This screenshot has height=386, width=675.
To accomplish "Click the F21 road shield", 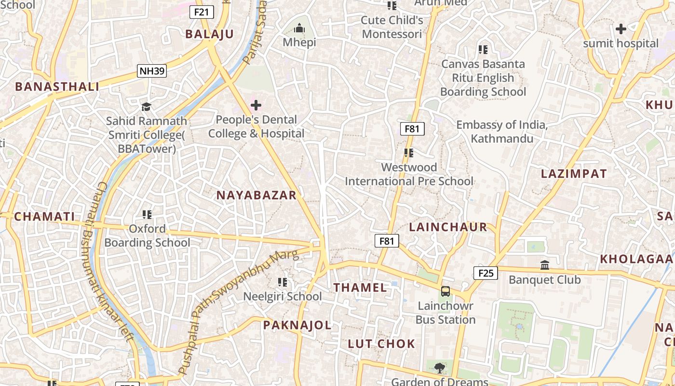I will [x=202, y=12].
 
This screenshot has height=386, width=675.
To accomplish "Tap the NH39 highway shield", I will [x=151, y=71].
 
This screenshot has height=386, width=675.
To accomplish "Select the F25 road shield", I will [x=486, y=274].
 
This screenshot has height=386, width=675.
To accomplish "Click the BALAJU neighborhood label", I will [x=210, y=34].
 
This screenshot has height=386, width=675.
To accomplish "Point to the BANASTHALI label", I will [x=57, y=87].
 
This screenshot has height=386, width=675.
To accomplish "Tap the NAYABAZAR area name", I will [x=256, y=195].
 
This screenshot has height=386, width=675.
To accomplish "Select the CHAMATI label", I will [x=44, y=217].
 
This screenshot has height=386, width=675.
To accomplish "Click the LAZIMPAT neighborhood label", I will [x=574, y=174].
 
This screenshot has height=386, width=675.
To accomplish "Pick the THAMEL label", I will [x=360, y=288].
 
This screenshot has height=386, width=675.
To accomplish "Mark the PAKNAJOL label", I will [x=297, y=325].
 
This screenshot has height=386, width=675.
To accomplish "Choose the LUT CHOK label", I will [x=381, y=344].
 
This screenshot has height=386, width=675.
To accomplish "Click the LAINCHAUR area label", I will [x=448, y=227].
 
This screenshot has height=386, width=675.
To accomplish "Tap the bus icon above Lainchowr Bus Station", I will [x=445, y=291].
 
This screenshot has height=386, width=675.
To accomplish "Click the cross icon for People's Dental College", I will [x=256, y=105].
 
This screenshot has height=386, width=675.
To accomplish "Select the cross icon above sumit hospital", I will [x=621, y=29].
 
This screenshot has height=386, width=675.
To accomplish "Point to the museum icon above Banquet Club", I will [x=545, y=265].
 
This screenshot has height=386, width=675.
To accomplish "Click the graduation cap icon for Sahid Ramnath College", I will [x=146, y=107].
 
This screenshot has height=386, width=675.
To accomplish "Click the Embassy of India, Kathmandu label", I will [x=502, y=132].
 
